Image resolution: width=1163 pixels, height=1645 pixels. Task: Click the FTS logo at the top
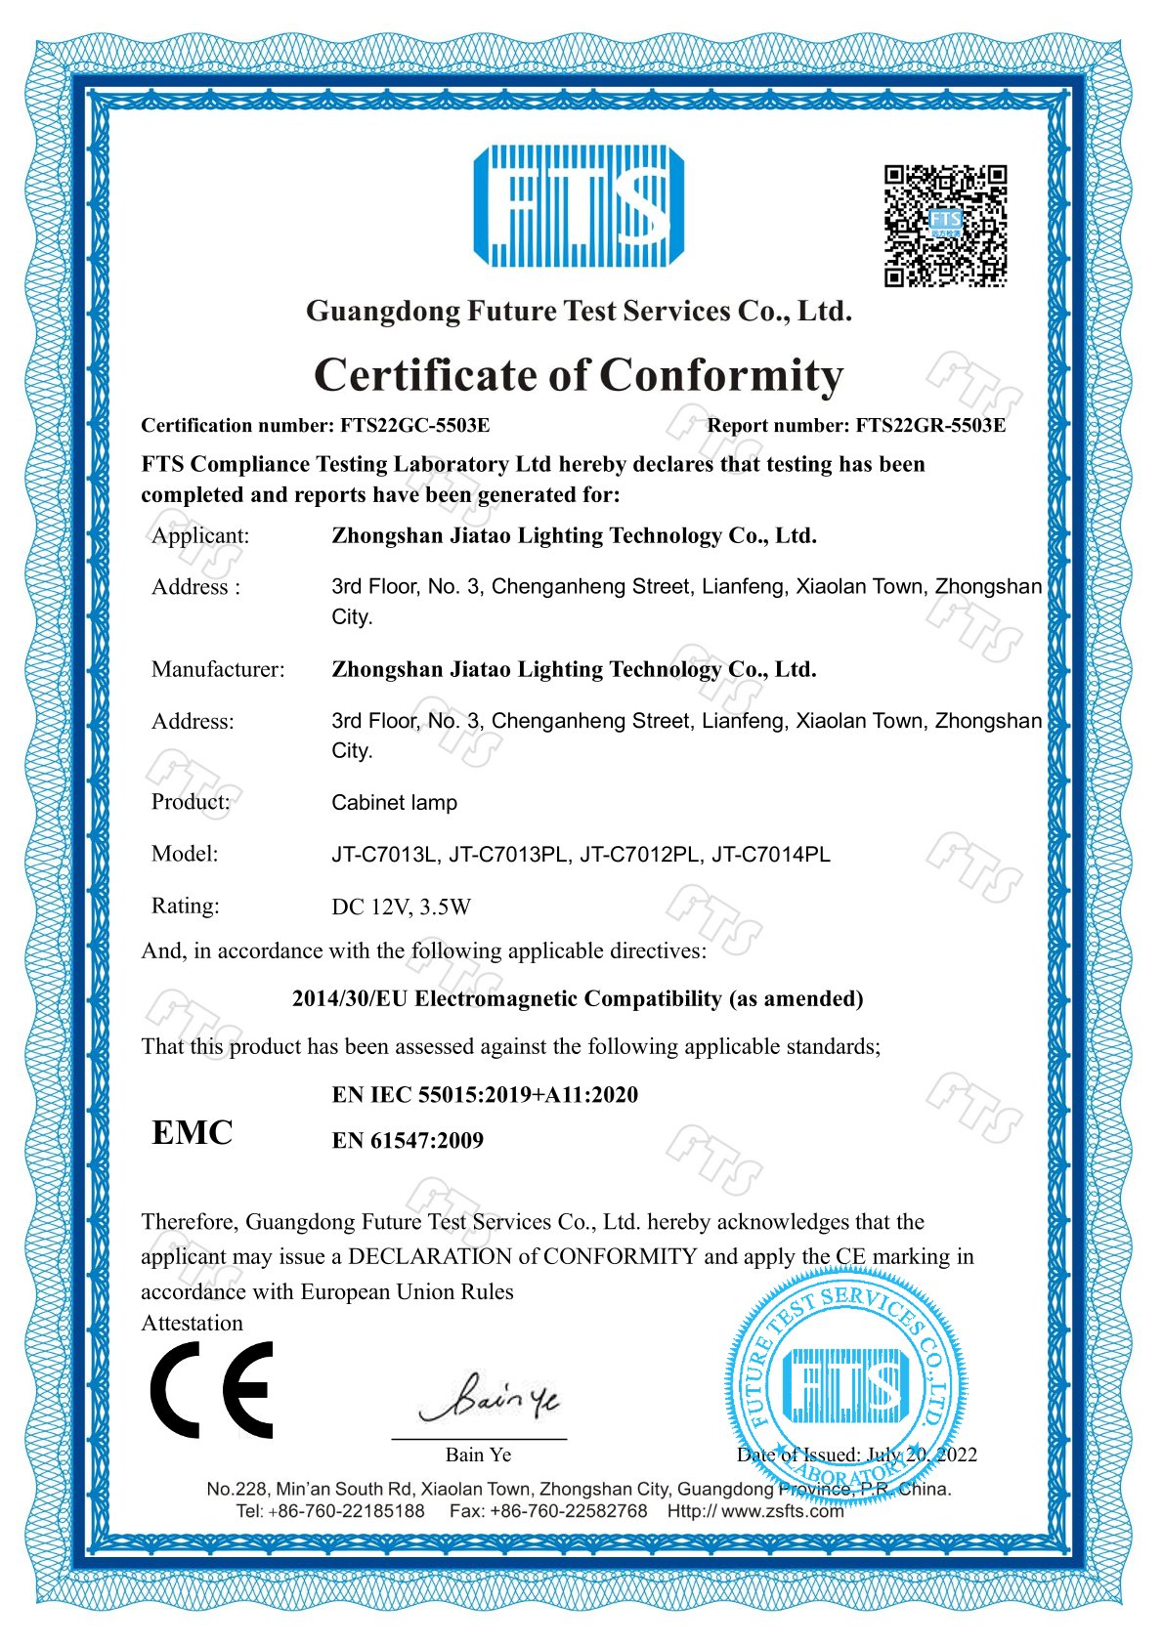pos(579,206)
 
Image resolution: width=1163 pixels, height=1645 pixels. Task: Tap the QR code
pos(945,226)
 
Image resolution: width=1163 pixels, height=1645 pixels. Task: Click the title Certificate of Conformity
pos(579,375)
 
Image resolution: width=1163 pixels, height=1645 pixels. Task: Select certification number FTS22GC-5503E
pos(414,425)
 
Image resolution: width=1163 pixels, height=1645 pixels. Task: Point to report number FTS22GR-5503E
pos(929,425)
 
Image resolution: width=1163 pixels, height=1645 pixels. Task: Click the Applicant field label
pos(200,535)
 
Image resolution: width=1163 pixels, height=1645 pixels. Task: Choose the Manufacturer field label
pos(218,669)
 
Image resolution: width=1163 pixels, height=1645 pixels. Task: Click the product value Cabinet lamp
pos(394,803)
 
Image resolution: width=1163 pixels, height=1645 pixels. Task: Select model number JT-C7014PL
pos(771,855)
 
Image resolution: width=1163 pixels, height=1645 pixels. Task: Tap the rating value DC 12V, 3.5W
pos(401,907)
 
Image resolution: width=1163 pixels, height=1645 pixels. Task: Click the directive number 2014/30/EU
pos(350,998)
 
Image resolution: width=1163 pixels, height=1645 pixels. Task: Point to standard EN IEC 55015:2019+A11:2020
pos(485,1094)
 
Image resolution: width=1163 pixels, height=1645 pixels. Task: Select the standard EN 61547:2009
pos(408,1140)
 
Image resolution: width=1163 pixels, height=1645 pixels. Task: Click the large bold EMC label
pos(193,1132)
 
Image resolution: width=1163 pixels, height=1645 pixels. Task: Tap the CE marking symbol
pos(211,1389)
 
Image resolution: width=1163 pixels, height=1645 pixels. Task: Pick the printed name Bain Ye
pos(478,1455)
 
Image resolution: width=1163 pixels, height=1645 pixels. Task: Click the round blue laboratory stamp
pos(846,1386)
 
